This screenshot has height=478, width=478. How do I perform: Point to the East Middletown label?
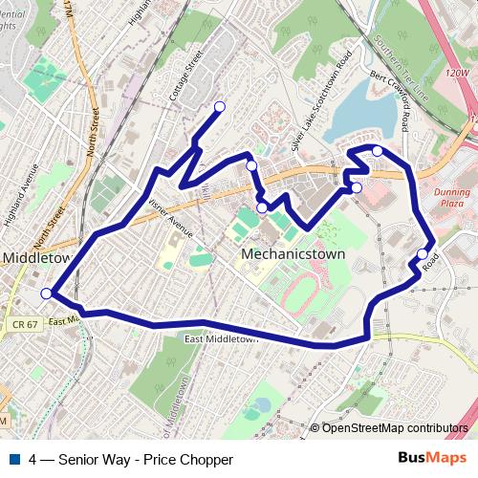[x=222, y=338]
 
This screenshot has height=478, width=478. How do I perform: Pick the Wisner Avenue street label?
[x=171, y=219]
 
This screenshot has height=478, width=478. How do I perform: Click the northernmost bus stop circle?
[x=220, y=106]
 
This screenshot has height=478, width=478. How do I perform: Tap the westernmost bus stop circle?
[x=47, y=293]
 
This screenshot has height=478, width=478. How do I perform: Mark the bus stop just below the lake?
[x=378, y=151]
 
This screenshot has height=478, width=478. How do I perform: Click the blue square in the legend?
[x=15, y=459]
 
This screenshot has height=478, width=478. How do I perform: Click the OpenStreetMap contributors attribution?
[x=394, y=428]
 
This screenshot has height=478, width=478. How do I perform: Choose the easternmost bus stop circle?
[x=423, y=253]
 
